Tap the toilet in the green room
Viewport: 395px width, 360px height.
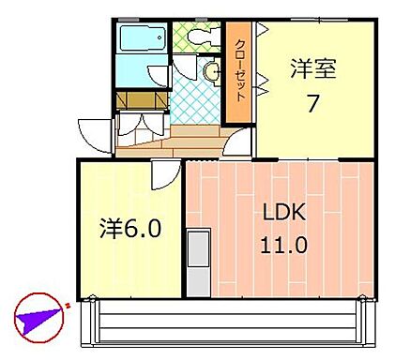(199, 37)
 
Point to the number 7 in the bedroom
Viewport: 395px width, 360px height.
(311, 103)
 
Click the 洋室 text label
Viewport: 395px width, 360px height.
(311, 68)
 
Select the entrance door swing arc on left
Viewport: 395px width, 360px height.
(94, 131)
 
